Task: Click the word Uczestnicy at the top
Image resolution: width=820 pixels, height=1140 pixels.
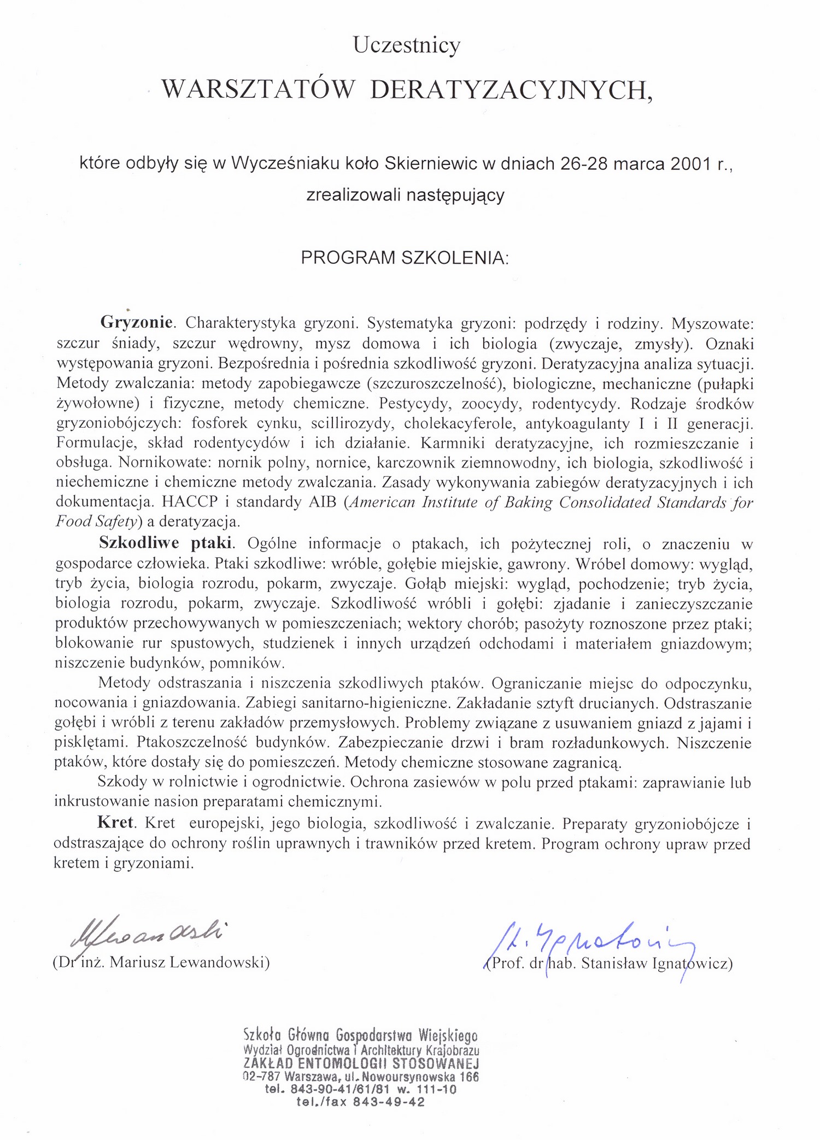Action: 407,45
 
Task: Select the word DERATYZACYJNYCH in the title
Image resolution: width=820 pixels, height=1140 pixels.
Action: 511,90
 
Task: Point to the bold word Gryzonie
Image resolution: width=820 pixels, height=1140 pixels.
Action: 137,322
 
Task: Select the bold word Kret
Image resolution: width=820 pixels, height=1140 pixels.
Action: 115,823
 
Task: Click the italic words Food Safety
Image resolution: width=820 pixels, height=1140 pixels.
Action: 96,522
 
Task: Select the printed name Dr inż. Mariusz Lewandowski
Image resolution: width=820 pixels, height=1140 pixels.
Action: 161,962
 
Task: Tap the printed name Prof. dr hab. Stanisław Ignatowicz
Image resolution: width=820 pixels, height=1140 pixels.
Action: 609,963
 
